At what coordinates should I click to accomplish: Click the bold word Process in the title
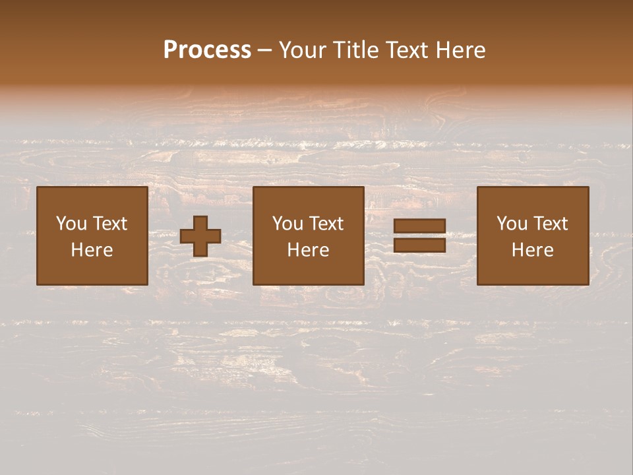point(207,50)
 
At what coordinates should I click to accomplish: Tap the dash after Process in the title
point(264,50)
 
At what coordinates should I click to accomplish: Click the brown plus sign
point(200,236)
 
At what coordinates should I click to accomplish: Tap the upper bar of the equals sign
point(419,226)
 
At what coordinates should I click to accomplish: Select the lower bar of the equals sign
point(419,245)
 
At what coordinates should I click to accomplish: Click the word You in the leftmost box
point(72,224)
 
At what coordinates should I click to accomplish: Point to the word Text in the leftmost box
point(109,224)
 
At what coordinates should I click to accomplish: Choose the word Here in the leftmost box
point(92,250)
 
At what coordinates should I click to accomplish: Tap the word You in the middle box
point(288,224)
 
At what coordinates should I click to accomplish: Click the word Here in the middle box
point(308,250)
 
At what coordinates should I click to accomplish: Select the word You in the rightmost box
point(512,224)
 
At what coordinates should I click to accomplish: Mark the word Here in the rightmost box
point(532,250)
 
